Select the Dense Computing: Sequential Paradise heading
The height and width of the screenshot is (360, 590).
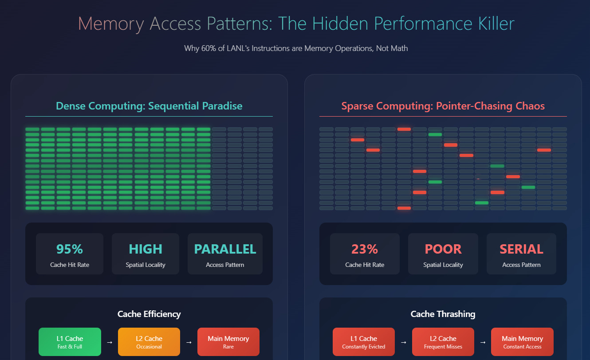click(x=149, y=106)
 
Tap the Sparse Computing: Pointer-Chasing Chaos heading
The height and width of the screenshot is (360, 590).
click(x=443, y=106)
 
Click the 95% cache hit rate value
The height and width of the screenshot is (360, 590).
click(x=70, y=249)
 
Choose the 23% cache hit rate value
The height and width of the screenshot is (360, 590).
click(x=365, y=249)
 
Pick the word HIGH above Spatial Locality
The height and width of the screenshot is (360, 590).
click(x=146, y=249)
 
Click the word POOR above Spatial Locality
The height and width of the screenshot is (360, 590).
click(x=443, y=249)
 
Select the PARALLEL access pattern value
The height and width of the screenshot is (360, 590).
click(x=225, y=249)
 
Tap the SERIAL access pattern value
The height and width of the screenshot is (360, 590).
click(x=521, y=249)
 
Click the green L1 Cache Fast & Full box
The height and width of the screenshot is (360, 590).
click(x=70, y=342)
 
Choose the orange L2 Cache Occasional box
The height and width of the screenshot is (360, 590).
click(x=149, y=342)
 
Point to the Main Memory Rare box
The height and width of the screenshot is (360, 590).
click(x=228, y=342)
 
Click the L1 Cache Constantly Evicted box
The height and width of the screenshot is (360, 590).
click(x=364, y=342)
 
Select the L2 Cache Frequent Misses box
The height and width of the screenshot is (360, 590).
click(x=443, y=342)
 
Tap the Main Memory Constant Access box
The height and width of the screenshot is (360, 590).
click(x=522, y=342)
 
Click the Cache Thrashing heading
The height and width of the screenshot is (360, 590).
click(x=443, y=314)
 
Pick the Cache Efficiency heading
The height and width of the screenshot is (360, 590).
click(x=149, y=314)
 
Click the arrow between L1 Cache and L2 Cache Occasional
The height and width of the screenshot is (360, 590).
click(x=110, y=342)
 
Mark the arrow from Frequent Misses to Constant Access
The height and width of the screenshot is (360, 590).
click(x=483, y=342)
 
